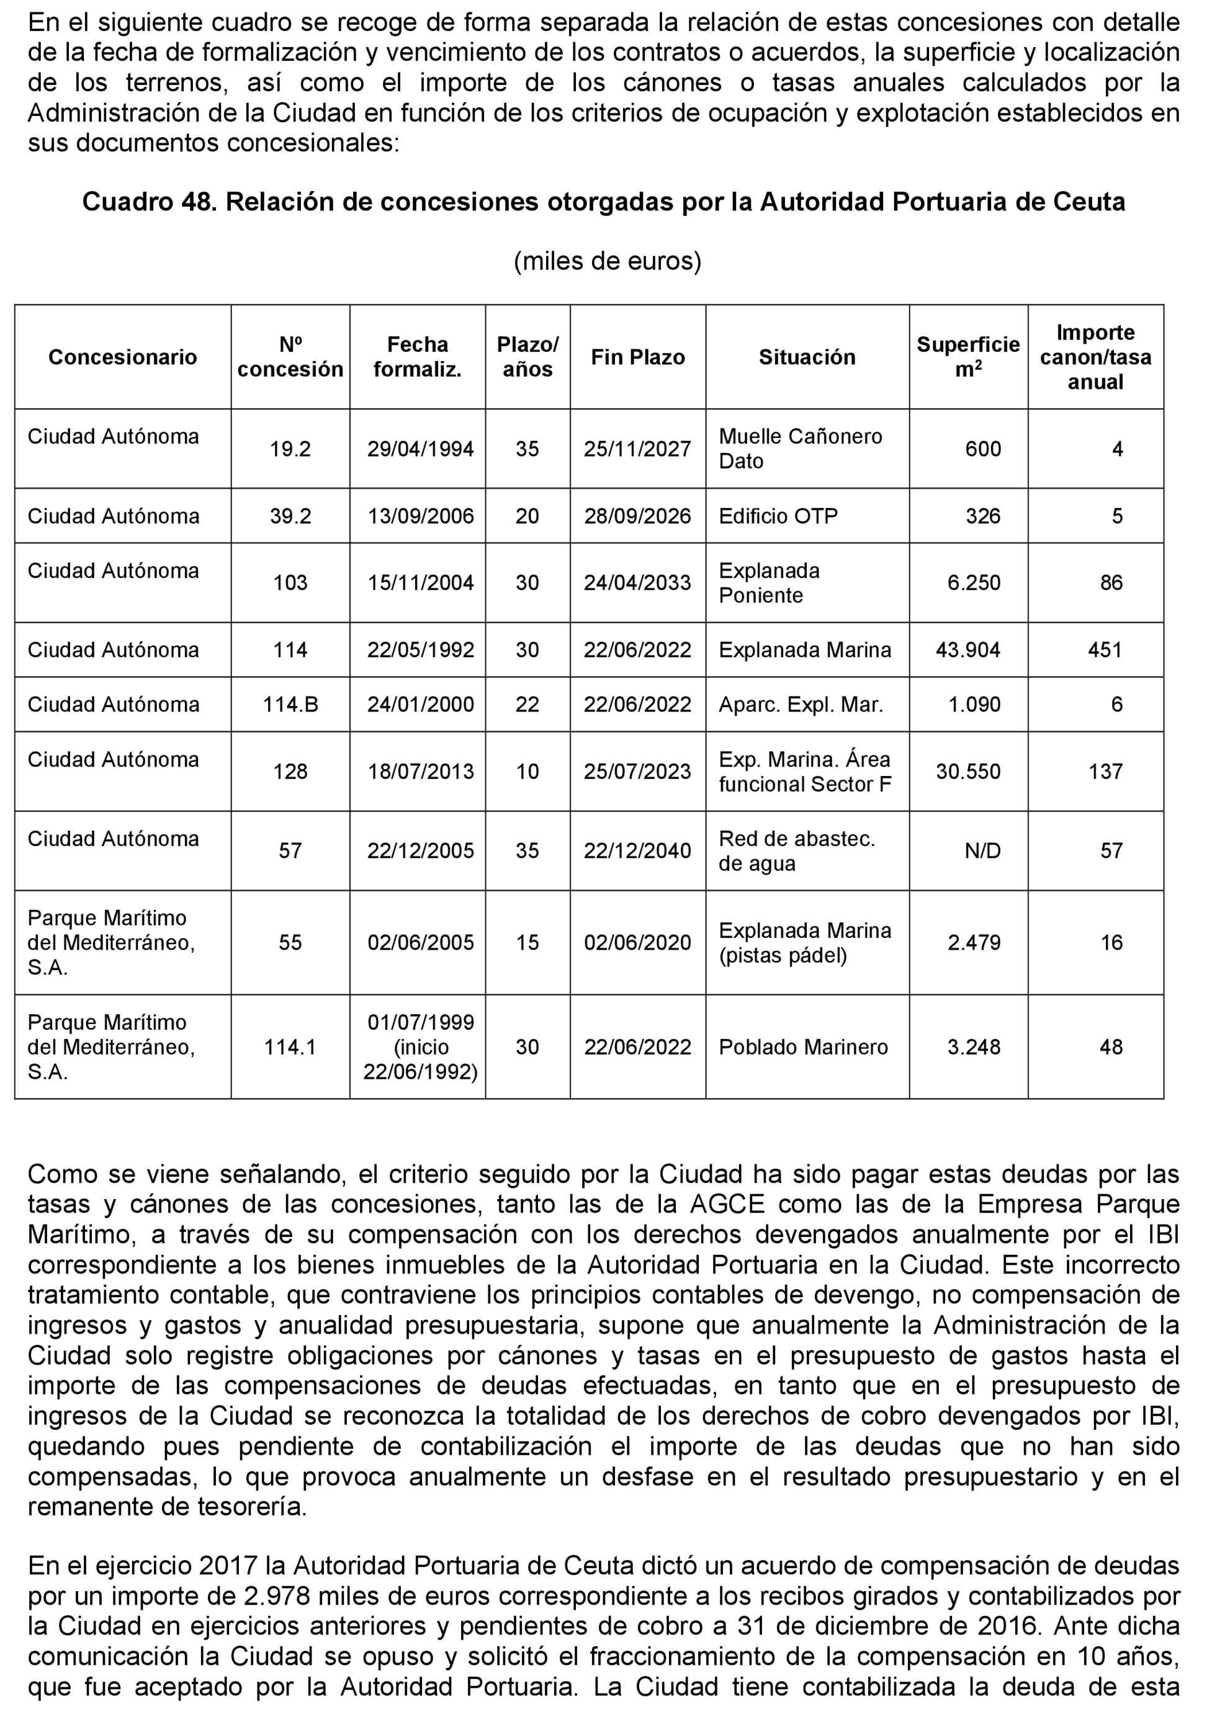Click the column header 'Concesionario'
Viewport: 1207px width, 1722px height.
pos(122,357)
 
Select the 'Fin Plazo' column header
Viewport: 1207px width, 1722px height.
pos(638,357)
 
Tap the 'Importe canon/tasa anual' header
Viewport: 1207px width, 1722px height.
pos(1095,357)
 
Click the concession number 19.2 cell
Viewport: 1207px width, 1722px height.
pos(290,449)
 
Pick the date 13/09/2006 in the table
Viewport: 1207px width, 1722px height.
pos(420,516)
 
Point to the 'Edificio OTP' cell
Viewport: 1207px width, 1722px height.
pos(778,516)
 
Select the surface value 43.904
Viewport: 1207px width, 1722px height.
pos(967,649)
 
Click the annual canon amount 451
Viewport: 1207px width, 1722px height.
pos(1105,649)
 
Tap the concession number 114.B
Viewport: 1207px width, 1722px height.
pos(290,704)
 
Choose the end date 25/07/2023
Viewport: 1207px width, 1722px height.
pos(638,772)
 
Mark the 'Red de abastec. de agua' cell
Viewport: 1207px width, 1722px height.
pos(797,850)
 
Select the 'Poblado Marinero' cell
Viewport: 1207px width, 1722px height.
pos(802,1047)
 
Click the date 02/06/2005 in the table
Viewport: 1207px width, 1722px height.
pos(420,943)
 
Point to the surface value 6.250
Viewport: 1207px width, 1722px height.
pos(974,582)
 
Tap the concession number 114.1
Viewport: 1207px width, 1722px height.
pos(290,1047)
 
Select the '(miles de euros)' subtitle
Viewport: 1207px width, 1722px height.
pos(607,261)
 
